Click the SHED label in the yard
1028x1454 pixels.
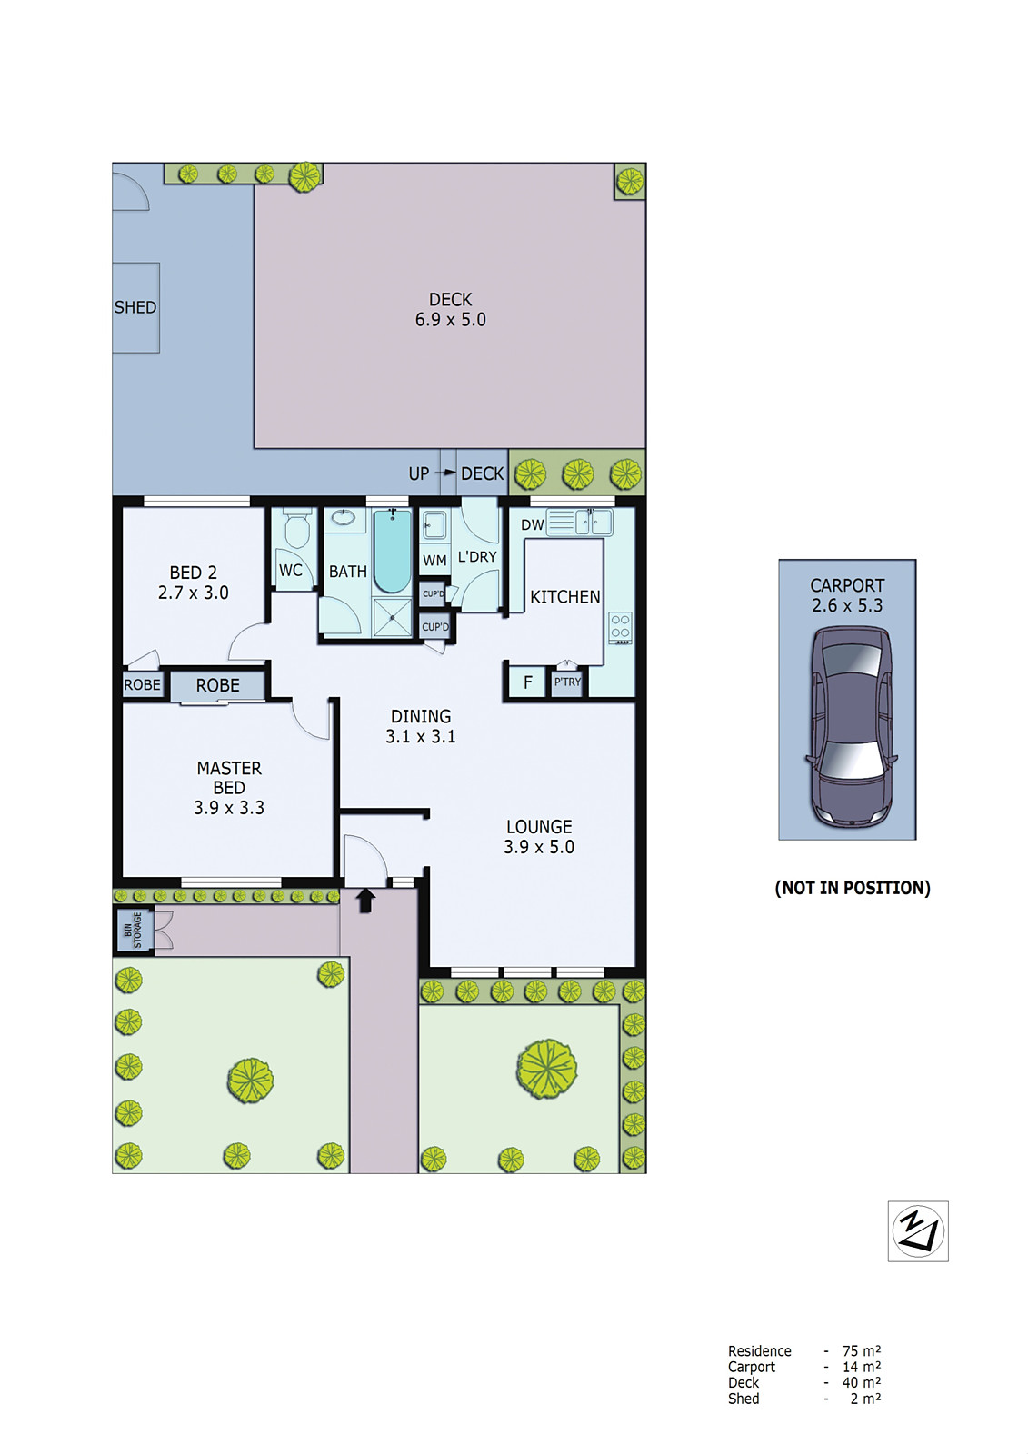point(135,308)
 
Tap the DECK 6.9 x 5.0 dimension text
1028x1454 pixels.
point(450,320)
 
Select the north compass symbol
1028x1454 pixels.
point(917,1231)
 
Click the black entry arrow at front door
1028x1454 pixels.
point(365,901)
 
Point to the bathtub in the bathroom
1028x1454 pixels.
point(393,552)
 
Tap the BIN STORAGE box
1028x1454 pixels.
point(134,930)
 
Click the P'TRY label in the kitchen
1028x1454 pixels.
point(567,682)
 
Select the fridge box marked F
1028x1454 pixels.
point(527,682)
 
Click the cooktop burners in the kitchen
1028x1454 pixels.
point(621,627)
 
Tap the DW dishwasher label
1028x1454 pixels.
point(533,525)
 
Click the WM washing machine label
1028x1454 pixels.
point(434,561)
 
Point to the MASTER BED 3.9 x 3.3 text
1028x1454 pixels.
point(229,788)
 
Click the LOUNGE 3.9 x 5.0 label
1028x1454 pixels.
point(539,837)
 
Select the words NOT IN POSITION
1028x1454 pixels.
point(852,888)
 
